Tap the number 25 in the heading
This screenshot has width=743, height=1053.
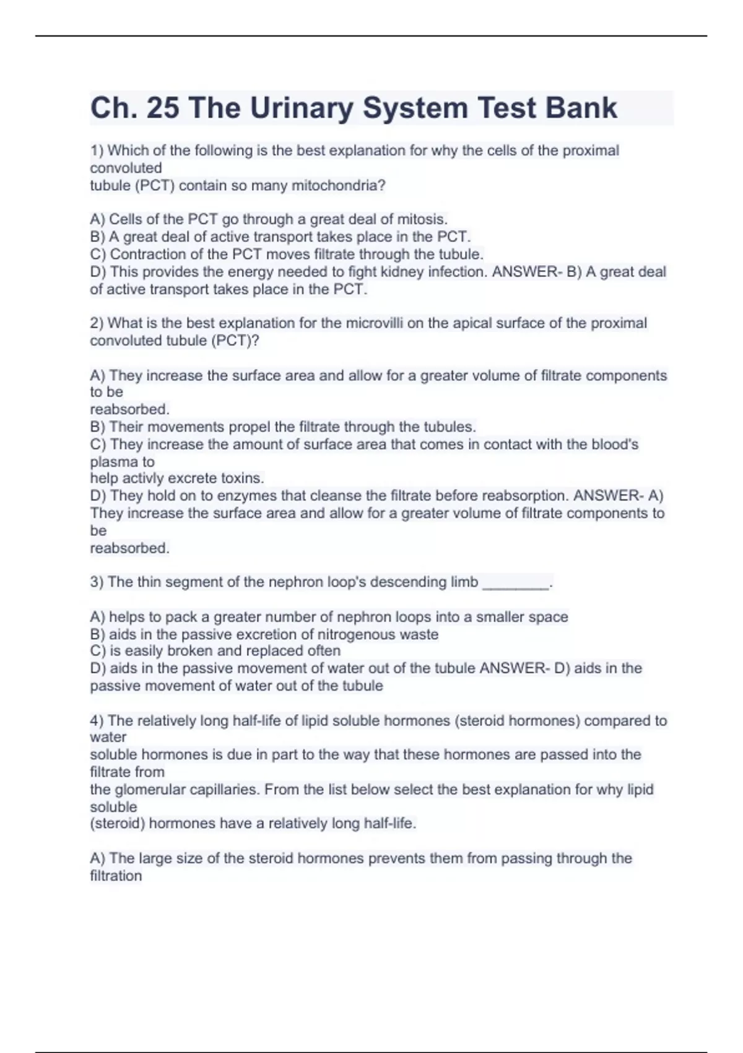coord(162,108)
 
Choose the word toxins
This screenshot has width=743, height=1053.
coord(242,478)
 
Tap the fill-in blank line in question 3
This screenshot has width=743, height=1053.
coord(515,583)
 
